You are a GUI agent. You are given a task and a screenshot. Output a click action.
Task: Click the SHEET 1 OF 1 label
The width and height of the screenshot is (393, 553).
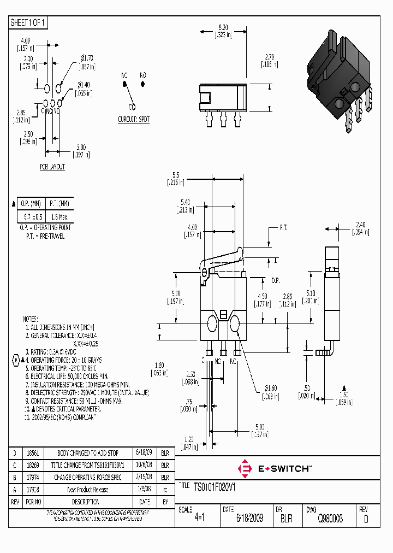tap(29, 22)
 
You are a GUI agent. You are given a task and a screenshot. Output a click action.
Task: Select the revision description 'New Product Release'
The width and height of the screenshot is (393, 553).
tap(87, 490)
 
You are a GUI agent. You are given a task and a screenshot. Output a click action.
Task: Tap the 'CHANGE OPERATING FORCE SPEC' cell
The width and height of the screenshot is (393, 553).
tap(87, 477)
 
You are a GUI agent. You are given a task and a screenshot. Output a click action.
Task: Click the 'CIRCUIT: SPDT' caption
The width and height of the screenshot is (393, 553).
tap(134, 119)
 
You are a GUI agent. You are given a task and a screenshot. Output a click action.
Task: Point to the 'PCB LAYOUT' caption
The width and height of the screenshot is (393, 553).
tap(52, 167)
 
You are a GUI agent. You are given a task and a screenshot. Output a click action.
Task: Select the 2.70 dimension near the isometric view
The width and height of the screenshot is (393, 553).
tap(269, 56)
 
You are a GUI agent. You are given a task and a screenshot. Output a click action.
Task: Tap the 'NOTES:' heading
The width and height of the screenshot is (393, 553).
tap(30, 319)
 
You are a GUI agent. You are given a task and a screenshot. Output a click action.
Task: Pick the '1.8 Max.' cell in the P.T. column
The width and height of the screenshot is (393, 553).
tap(57, 216)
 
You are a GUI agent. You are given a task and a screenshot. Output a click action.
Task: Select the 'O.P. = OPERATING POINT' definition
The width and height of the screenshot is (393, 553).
tap(45, 227)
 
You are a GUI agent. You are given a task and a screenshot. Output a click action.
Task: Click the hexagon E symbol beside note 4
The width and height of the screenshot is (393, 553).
tap(16, 361)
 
